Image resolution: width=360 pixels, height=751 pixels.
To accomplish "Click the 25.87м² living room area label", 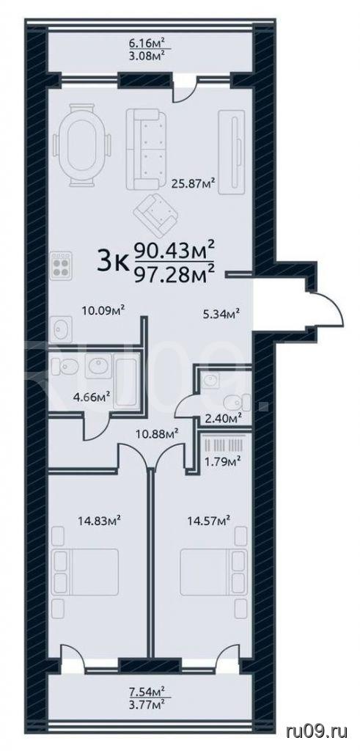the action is (x=192, y=183).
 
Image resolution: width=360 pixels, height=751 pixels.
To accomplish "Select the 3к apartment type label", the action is (x=113, y=262).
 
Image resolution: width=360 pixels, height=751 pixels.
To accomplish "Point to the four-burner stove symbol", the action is (x=61, y=266).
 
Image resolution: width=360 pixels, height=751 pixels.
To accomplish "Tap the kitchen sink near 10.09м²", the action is (x=61, y=329).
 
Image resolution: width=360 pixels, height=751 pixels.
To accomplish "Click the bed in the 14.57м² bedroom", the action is (x=213, y=571).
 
